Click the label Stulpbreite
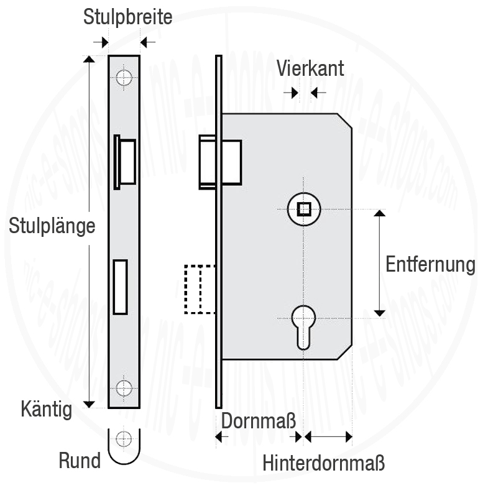click(127, 17)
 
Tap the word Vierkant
click(310, 68)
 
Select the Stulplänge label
click(52, 226)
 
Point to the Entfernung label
click(430, 264)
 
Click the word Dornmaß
click(259, 420)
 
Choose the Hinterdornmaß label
click(324, 463)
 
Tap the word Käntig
click(47, 409)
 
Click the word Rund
click(80, 460)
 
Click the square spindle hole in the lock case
click(304, 209)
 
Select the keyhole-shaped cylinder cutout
click(303, 327)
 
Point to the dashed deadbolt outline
click(200, 289)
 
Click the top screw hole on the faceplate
click(124, 78)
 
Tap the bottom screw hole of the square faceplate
click(124, 388)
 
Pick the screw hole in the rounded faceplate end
click(124, 438)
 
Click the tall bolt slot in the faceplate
click(120, 287)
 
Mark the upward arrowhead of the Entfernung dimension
click(379, 213)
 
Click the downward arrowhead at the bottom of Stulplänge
click(89, 404)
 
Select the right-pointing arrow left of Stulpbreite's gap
click(101, 42)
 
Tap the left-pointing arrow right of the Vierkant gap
click(318, 93)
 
